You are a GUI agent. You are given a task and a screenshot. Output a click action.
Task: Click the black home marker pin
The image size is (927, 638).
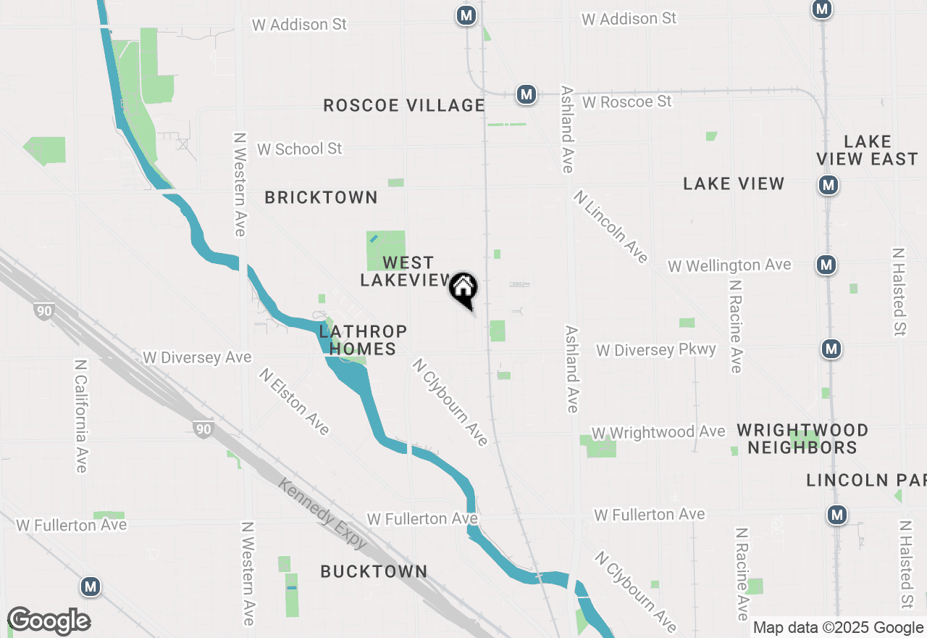pyautogui.click(x=463, y=289)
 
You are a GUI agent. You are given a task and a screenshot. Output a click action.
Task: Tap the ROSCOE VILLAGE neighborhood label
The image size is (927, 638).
pyautogui.click(x=403, y=106)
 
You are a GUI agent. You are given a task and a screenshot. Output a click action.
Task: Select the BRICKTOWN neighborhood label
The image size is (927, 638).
pyautogui.click(x=321, y=197)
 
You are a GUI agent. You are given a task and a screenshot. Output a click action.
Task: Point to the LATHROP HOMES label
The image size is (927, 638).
pyautogui.click(x=363, y=340)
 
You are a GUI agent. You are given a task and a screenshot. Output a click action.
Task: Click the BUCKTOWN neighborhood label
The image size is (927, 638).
pyautogui.click(x=374, y=571)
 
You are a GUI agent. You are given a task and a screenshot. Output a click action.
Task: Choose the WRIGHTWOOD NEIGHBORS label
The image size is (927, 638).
pyautogui.click(x=802, y=439)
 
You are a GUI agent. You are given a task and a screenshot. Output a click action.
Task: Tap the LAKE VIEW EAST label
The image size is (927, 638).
pyautogui.click(x=867, y=150)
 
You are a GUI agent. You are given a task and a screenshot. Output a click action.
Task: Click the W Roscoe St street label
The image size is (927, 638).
pyautogui.click(x=626, y=101)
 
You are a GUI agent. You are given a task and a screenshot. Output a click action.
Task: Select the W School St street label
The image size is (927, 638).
pyautogui.click(x=299, y=149)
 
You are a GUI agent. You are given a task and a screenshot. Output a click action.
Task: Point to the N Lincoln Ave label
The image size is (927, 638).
pyautogui.click(x=611, y=226)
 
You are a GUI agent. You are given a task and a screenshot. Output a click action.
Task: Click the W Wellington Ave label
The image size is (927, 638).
pyautogui.click(x=729, y=265)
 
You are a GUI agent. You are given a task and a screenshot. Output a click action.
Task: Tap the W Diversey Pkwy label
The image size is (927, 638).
pyautogui.click(x=655, y=350)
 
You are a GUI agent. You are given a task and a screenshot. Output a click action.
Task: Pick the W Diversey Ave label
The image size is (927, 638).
pyautogui.click(x=197, y=357)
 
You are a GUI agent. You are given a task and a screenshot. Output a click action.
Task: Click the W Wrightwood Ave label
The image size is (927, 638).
pyautogui.click(x=658, y=433)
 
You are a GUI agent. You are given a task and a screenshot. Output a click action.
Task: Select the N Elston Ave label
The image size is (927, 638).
pyautogui.click(x=295, y=402)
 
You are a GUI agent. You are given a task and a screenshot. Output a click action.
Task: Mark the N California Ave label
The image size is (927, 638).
pyautogui.click(x=80, y=416)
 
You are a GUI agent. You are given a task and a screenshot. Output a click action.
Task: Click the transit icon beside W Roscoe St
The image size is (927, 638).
pyautogui.click(x=527, y=94)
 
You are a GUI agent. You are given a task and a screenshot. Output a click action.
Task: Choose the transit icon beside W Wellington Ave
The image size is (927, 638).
pyautogui.click(x=826, y=265)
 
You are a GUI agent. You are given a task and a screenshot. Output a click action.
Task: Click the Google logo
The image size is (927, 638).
pyautogui.click(x=49, y=621)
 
